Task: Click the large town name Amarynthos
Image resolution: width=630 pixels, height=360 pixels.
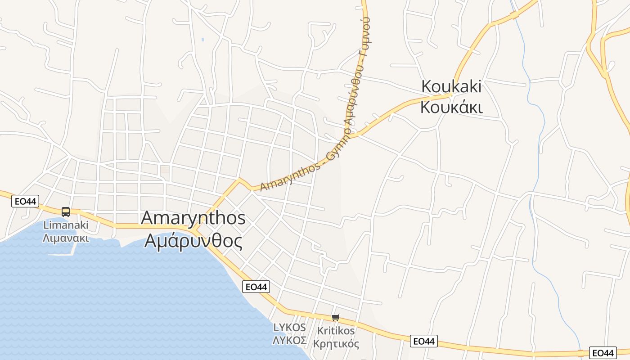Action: (193, 218)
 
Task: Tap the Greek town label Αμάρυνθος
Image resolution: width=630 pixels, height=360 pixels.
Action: (193, 241)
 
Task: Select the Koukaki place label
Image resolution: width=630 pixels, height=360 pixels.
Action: (451, 86)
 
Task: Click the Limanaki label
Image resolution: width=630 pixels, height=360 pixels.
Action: (66, 225)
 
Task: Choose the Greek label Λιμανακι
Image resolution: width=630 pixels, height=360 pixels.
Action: (66, 238)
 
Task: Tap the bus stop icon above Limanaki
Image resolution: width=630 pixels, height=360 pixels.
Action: (66, 211)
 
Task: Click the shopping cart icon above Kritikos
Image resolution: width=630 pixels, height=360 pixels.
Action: (335, 318)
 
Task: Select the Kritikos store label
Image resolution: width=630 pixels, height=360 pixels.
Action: (336, 331)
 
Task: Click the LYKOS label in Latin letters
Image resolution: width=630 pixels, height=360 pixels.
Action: (290, 328)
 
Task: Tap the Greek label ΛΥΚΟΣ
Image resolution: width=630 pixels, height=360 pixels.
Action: (290, 340)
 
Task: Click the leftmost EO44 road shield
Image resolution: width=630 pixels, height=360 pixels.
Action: (25, 201)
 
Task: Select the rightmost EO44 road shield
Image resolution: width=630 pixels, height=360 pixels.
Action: (603, 353)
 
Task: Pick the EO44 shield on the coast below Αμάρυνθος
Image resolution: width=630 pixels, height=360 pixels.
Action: (256, 287)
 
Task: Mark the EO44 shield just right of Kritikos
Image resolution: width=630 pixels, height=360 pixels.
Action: (424, 342)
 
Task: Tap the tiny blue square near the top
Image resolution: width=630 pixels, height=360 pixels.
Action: (203, 40)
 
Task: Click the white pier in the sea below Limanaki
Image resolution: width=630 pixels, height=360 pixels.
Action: (63, 253)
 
